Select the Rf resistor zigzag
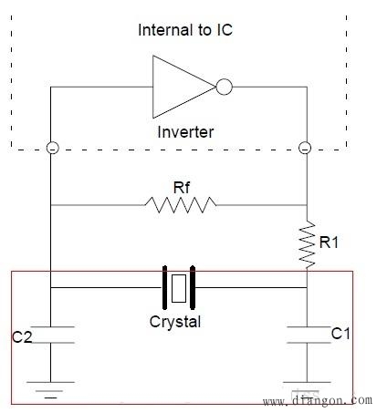tap(181, 205)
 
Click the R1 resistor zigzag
tap(307, 244)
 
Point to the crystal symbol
tap(179, 287)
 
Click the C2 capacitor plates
tap(52, 335)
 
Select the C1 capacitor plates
tap(309, 335)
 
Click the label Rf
tap(182, 188)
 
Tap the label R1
tap(329, 243)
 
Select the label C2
tap(22, 337)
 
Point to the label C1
tap(340, 334)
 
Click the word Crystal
tap(175, 322)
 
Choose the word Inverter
tap(185, 132)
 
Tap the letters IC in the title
tap(225, 30)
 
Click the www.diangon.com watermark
tap(318, 401)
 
